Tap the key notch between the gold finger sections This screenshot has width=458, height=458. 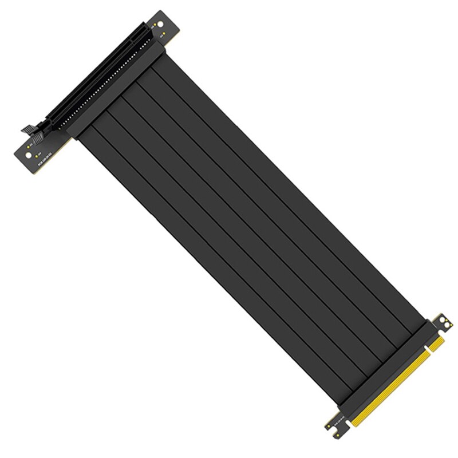pyautogui.click(x=431, y=351)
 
